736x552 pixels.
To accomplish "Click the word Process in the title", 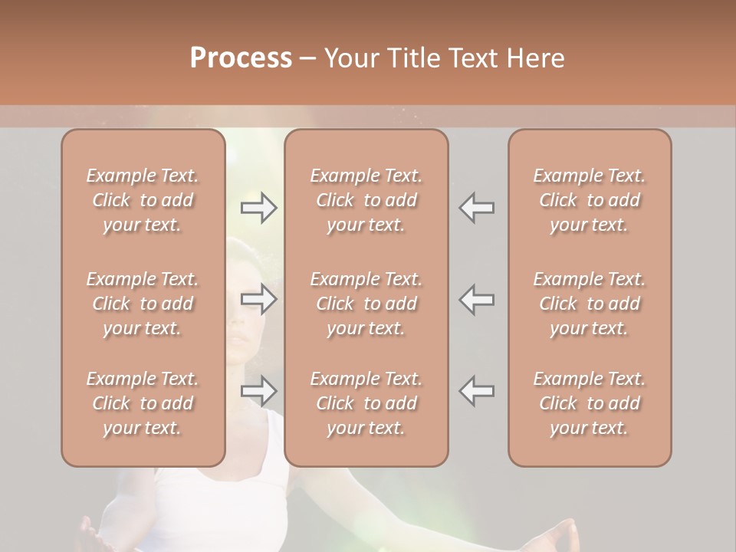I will point(241,58).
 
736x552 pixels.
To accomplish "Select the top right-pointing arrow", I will point(258,208).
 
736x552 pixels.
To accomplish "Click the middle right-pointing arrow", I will point(258,299).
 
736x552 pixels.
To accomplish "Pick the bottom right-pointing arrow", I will point(258,391).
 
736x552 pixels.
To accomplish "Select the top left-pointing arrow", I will point(476,208).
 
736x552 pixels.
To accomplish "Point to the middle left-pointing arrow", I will point(476,299).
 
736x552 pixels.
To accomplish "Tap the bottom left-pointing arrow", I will point(476,391).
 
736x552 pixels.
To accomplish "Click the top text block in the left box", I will point(143,200).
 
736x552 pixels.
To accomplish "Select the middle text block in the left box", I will point(143,304).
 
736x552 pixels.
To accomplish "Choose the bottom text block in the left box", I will point(143,403).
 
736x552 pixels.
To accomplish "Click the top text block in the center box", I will point(366,200).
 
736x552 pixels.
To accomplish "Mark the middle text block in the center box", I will point(366,304).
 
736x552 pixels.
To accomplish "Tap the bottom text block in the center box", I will point(366,403).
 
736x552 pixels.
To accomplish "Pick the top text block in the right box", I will point(590,200).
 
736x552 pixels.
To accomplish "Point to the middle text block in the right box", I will point(590,304).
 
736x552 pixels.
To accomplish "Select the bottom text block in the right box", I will point(590,403).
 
